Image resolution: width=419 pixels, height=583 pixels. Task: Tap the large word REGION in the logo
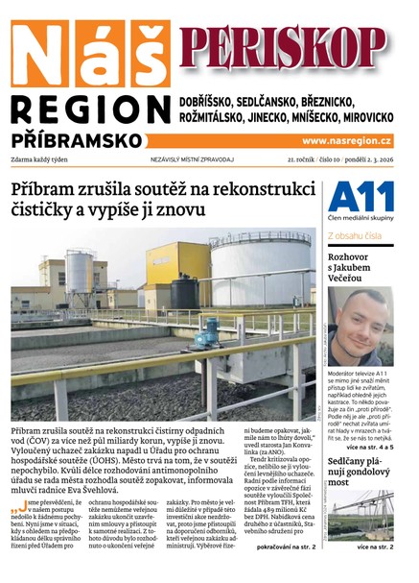(91, 108)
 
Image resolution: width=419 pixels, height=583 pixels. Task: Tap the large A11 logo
(360, 199)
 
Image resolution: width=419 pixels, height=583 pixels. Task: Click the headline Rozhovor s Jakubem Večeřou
(359, 268)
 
